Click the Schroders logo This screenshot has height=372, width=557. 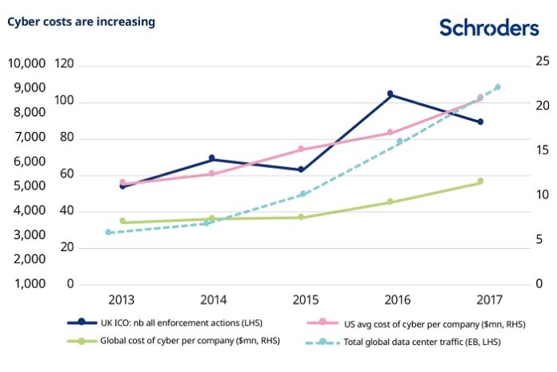coord(489,28)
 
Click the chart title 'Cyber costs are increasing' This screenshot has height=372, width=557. coord(81,22)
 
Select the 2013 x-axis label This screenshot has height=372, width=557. coord(122,300)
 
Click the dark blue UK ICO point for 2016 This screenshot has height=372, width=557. coord(391,94)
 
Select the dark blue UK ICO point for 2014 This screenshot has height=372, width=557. coord(212,158)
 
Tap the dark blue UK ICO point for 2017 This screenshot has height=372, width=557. coord(480,122)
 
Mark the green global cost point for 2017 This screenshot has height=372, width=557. coord(480,182)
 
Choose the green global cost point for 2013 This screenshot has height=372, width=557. coord(122,221)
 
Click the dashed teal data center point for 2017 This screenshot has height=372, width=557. coord(498,86)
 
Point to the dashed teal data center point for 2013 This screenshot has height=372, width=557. coord(108,232)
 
